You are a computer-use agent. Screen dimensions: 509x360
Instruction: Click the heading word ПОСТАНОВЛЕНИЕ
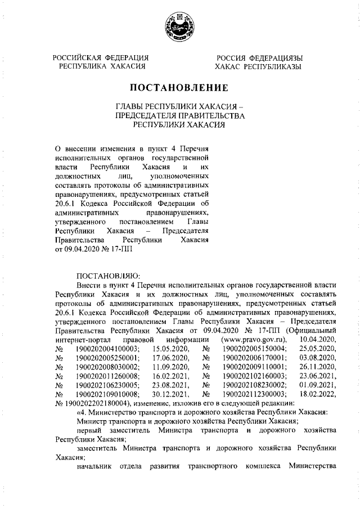coord(179,88)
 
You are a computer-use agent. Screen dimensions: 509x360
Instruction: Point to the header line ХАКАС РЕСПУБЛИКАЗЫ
coord(258,66)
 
